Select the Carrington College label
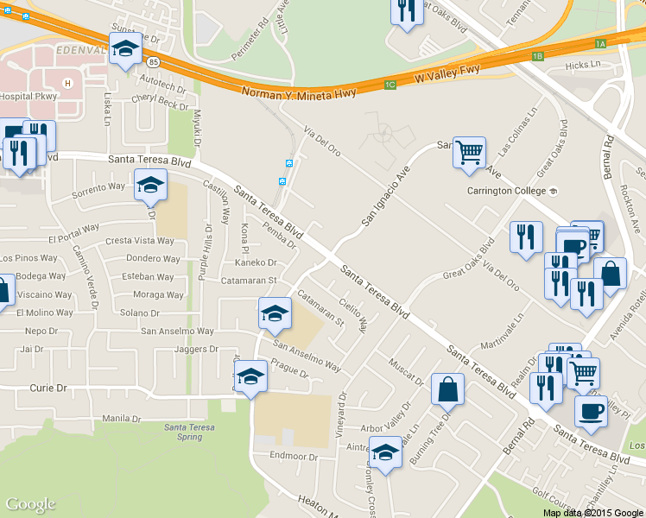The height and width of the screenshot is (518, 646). [506, 191]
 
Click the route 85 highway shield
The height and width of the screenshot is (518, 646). [153, 62]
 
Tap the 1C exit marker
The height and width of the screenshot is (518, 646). [389, 85]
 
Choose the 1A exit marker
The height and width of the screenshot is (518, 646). [601, 43]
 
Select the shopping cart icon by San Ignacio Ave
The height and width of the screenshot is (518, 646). [469, 153]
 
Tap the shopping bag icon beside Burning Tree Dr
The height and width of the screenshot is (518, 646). [449, 389]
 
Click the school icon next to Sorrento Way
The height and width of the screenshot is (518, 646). [150, 185]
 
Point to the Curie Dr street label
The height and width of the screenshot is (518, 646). [48, 388]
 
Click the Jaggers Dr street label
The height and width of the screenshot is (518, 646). [196, 350]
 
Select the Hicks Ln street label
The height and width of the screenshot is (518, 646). [581, 65]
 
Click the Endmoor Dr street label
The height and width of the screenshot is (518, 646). [294, 456]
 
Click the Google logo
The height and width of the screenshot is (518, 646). [30, 504]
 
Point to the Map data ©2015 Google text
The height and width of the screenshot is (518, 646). [592, 512]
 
